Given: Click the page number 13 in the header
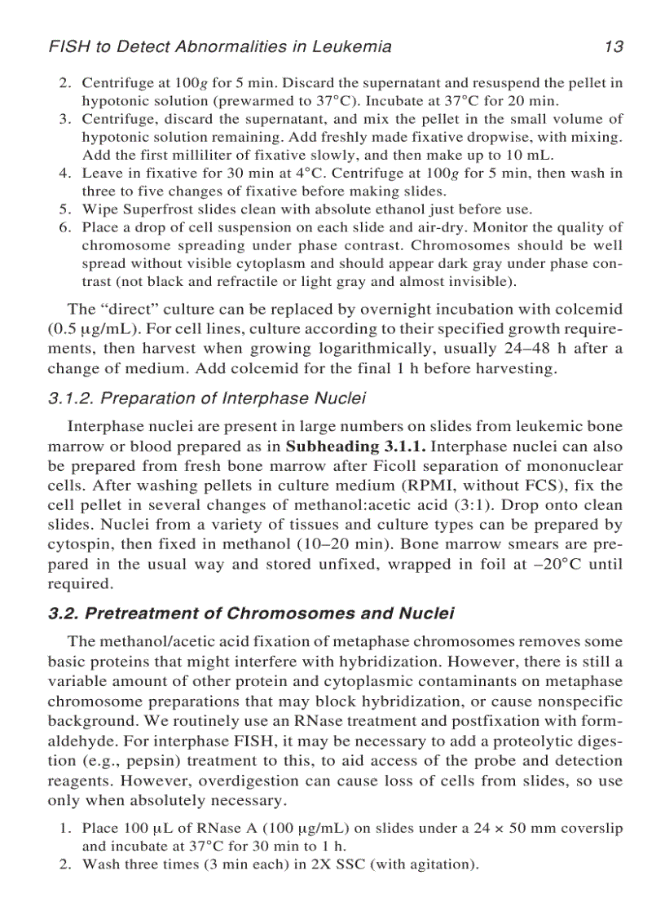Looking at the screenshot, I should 614,46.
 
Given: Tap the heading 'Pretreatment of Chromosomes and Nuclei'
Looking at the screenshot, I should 251,614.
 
